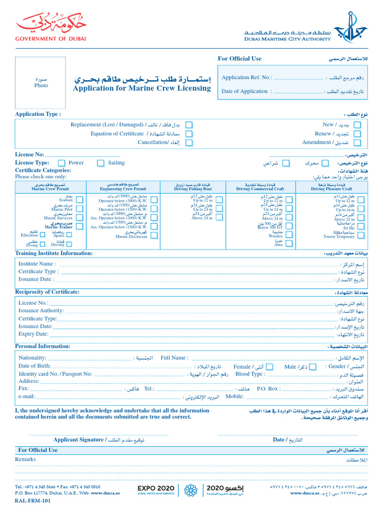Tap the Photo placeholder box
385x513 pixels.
tap(41, 82)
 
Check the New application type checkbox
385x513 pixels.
tap(357, 125)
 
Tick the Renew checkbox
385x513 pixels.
tap(357, 134)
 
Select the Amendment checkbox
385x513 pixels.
tap(357, 143)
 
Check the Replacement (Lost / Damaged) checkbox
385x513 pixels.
tap(189, 125)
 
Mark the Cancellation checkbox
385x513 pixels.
tap(189, 143)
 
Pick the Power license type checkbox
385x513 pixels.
tap(62, 163)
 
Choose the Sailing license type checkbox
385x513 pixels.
tap(101, 163)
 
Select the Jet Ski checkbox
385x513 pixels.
tap(360, 227)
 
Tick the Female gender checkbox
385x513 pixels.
tap(270, 367)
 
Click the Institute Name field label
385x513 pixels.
tap(36, 264)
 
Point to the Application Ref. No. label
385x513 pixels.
tap(247, 78)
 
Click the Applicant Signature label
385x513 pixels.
tap(80, 440)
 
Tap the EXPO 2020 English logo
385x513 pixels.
tap(156, 489)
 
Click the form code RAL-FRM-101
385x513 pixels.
tap(33, 500)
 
